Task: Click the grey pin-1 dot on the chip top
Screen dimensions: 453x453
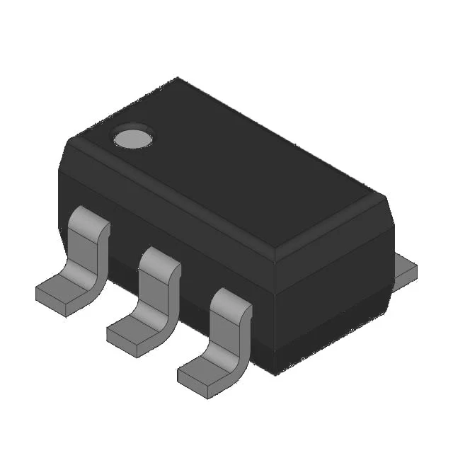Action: point(132,139)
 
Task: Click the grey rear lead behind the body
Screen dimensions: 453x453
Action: point(404,269)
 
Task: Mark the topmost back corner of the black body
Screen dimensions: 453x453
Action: point(178,79)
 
